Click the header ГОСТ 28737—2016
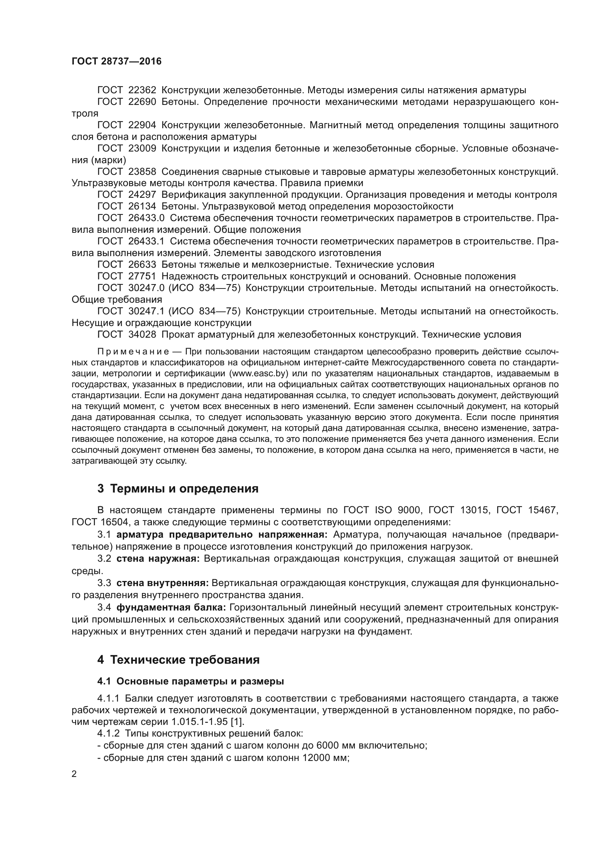pyautogui.click(x=116, y=62)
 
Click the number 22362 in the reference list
pyautogui.click(x=142, y=90)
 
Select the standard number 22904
pyautogui.click(x=142, y=125)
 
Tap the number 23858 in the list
pyautogui.click(x=142, y=172)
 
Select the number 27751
pyautogui.click(x=142, y=276)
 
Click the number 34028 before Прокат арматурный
pyautogui.click(x=142, y=334)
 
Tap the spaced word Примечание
pyautogui.click(x=133, y=352)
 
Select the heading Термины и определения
pyautogui.click(x=184, y=489)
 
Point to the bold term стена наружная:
pyautogui.click(x=158, y=559)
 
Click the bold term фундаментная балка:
pyautogui.click(x=171, y=608)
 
